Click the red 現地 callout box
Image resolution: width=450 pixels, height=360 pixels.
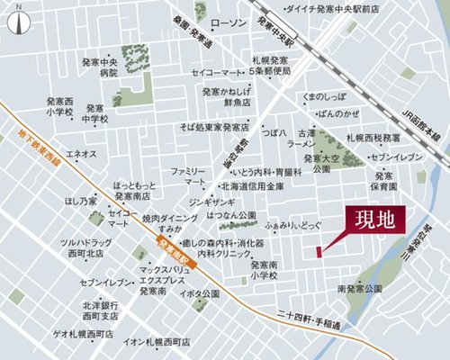[374, 219]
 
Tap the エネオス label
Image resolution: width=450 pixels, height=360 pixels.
[82, 155]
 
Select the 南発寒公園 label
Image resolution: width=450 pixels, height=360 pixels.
[359, 289]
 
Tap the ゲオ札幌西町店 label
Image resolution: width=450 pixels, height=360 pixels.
[67, 332]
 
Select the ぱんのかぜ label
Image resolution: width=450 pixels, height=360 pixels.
[339, 113]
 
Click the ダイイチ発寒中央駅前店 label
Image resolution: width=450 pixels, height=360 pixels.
[330, 9]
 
